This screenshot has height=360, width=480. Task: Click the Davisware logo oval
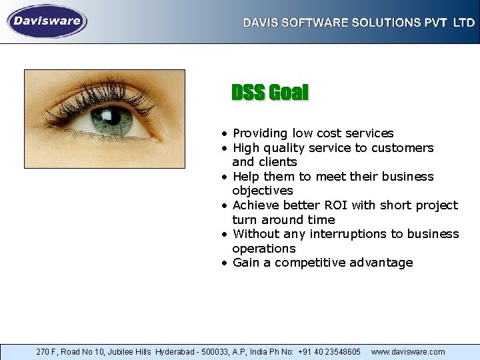coord(47,21)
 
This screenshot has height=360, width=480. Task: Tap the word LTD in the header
coord(464,23)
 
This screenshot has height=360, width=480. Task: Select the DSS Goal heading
coord(270,93)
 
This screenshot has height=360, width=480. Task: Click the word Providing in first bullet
coord(259,133)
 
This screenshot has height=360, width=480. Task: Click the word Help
coord(246,177)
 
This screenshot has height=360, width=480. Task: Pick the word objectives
coord(262,191)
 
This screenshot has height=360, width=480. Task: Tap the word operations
coord(263,248)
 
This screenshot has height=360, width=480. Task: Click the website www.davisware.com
coord(408,351)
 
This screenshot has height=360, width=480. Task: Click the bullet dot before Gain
coord(226,263)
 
